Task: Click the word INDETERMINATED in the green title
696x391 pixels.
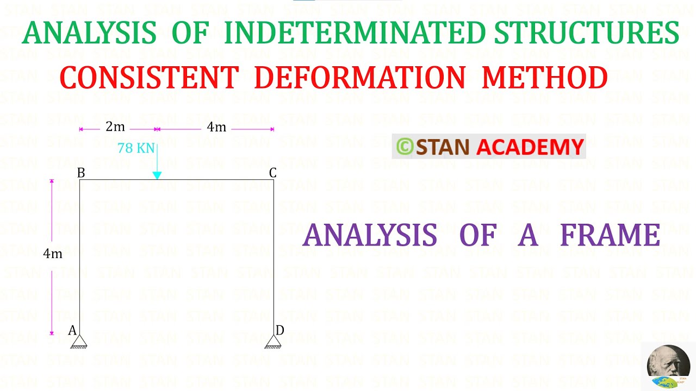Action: tap(354, 33)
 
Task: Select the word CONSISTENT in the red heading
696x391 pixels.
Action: tap(149, 78)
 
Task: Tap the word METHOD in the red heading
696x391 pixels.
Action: tap(544, 78)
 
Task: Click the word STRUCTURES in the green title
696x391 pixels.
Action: tap(586, 33)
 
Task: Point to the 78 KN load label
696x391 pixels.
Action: tap(136, 148)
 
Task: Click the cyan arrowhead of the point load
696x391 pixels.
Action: tap(157, 175)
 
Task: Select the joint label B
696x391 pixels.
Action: tap(81, 173)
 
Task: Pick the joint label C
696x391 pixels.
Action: tap(273, 173)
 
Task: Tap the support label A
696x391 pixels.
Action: tap(72, 330)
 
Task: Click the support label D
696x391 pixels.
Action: tap(279, 330)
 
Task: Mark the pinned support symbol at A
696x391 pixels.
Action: tap(79, 342)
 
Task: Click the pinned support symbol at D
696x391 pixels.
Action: tap(273, 342)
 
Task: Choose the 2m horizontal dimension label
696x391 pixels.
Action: tap(115, 127)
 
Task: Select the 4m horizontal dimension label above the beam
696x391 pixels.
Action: tap(216, 127)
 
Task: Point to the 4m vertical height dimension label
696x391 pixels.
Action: tap(53, 254)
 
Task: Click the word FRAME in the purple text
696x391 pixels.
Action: tap(610, 236)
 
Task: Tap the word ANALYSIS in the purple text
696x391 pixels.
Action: tap(370, 236)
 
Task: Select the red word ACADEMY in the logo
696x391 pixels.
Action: tap(530, 147)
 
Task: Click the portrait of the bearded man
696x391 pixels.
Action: tap(668, 365)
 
